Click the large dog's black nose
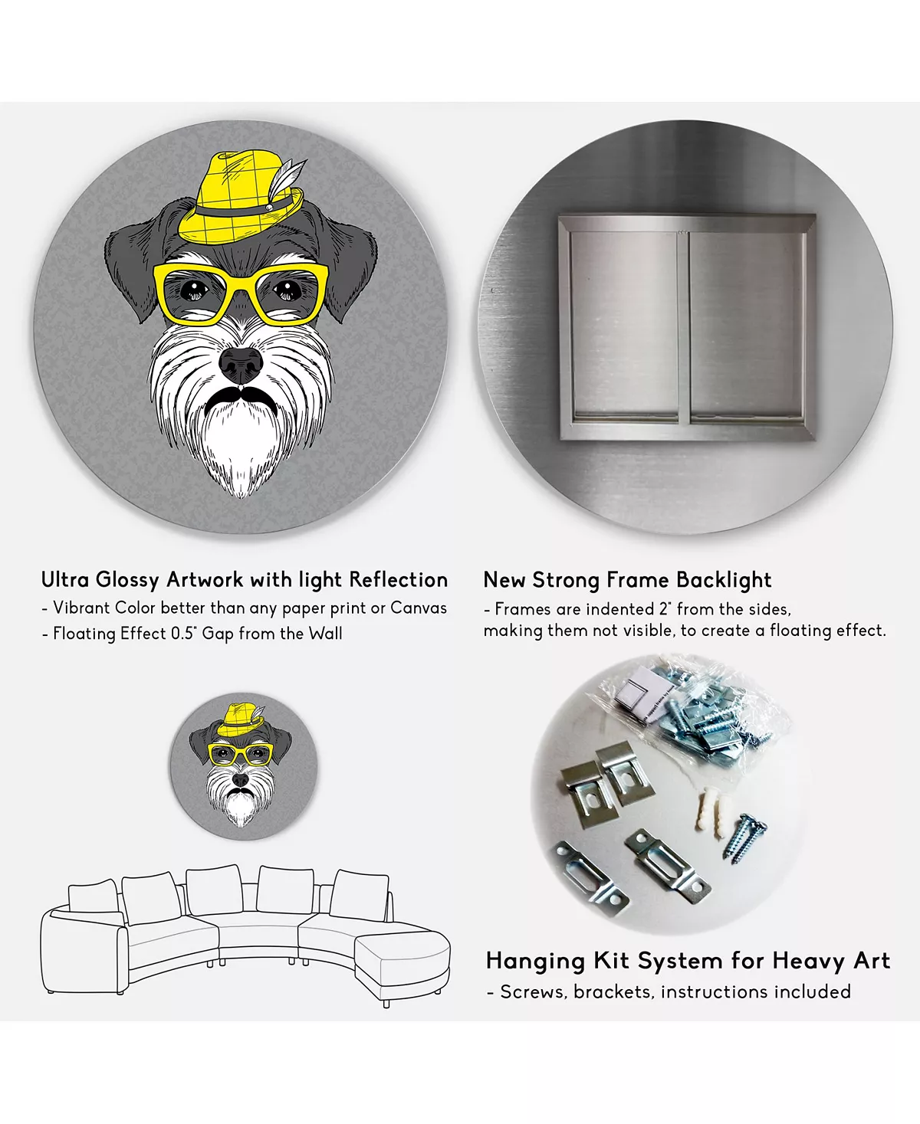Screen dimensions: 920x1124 (x=241, y=365)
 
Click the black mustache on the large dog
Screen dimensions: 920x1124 (x=241, y=397)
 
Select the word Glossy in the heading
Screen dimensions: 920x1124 (x=128, y=581)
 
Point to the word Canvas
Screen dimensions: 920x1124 (x=418, y=608)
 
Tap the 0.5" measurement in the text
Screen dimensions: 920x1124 (x=184, y=634)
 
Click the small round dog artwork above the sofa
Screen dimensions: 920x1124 (x=244, y=767)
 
